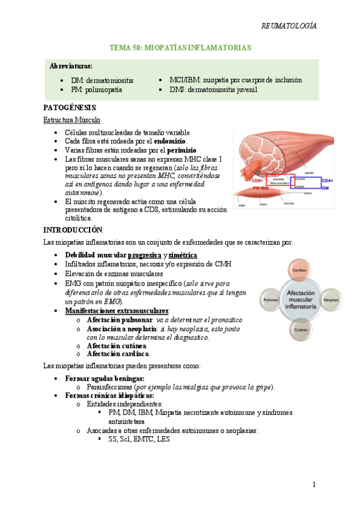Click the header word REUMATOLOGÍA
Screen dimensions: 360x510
289,26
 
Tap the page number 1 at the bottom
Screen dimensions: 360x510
314,485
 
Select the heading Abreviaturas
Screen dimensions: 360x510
71,66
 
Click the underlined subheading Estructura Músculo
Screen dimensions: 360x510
72,120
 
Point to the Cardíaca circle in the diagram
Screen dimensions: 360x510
299,270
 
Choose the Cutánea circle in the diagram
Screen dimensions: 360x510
299,329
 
